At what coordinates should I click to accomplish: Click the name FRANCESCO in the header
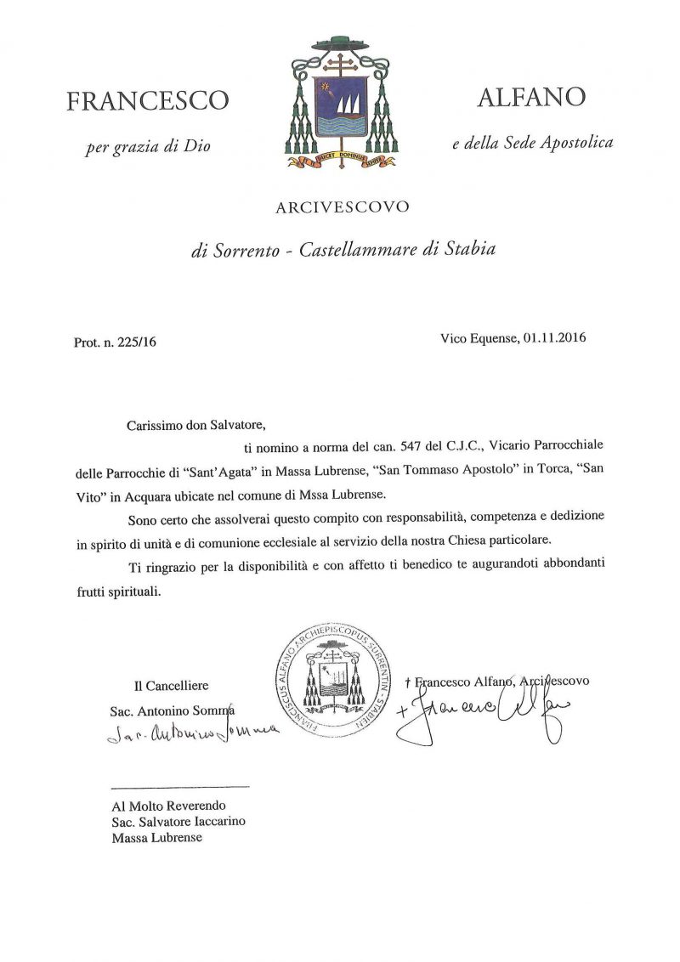click(x=148, y=101)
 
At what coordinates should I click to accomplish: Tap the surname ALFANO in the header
click(x=531, y=98)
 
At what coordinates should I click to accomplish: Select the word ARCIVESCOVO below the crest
click(x=342, y=207)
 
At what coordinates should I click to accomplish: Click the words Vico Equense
click(x=475, y=337)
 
